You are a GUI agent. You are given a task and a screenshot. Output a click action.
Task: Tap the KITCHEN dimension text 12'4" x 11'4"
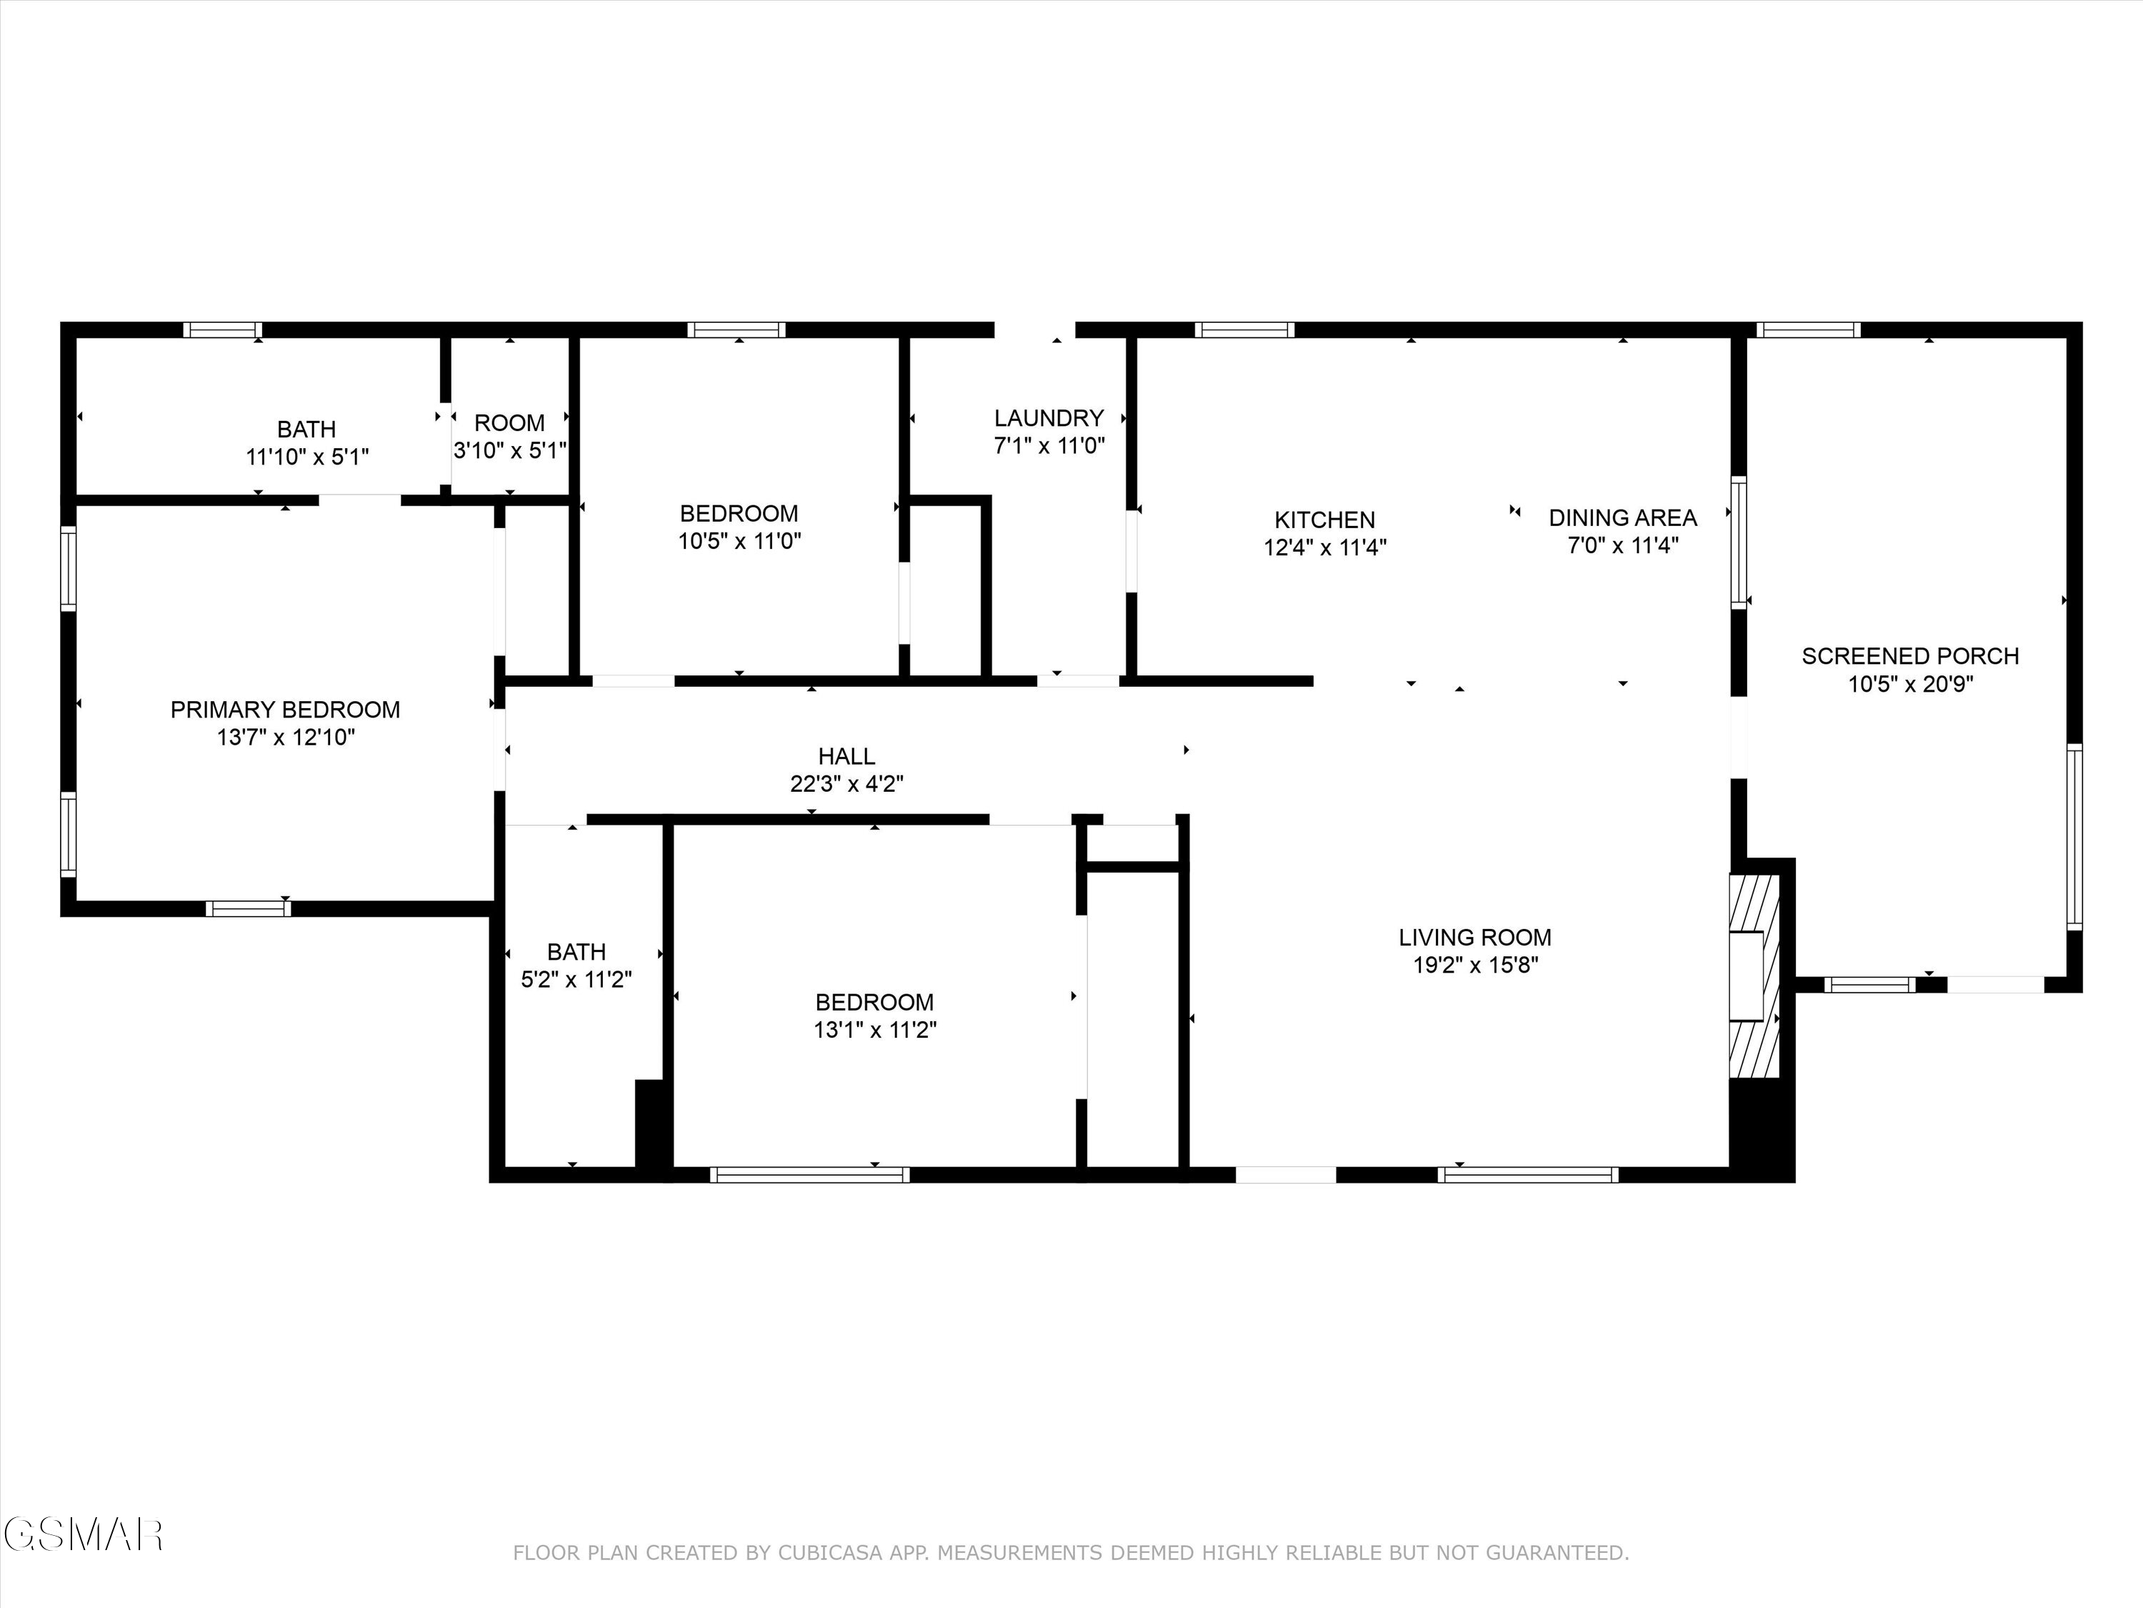pyautogui.click(x=1324, y=547)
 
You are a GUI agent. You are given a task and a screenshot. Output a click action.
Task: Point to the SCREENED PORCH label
pyautogui.click(x=1909, y=656)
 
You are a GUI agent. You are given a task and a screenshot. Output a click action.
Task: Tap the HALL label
pyautogui.click(x=846, y=756)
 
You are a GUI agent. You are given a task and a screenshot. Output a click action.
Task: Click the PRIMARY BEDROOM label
pyautogui.click(x=285, y=710)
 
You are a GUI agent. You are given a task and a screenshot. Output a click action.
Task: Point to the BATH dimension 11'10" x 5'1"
pyautogui.click(x=307, y=457)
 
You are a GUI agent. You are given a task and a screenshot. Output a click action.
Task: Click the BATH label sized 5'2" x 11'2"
pyautogui.click(x=576, y=952)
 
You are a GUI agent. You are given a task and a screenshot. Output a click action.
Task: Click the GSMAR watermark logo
pyautogui.click(x=82, y=1534)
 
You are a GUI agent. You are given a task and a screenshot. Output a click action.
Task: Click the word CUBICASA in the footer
pyautogui.click(x=829, y=1553)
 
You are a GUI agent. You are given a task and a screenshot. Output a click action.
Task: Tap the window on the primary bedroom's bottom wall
pyautogui.click(x=248, y=908)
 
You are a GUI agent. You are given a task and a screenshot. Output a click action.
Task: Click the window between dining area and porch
pyautogui.click(x=1739, y=542)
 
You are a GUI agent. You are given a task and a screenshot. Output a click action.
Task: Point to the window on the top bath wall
pyautogui.click(x=223, y=329)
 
